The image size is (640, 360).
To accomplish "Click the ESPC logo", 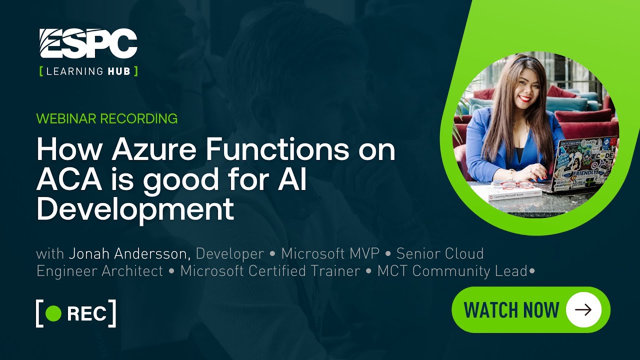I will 88,43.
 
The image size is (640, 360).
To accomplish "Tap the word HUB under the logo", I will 118,71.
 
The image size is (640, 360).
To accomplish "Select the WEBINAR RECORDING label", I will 107,118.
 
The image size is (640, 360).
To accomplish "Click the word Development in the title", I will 135,209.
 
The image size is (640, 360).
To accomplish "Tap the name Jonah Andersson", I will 129,253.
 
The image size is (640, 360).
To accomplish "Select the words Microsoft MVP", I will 330,253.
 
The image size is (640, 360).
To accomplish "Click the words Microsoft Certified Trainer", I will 270,271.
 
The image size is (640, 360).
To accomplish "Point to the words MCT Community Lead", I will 452,271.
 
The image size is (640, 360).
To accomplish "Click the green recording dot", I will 53,313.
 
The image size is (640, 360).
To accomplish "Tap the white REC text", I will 86,313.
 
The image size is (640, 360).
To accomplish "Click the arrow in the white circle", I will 583,310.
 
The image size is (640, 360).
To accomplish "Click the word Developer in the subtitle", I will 229,253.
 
